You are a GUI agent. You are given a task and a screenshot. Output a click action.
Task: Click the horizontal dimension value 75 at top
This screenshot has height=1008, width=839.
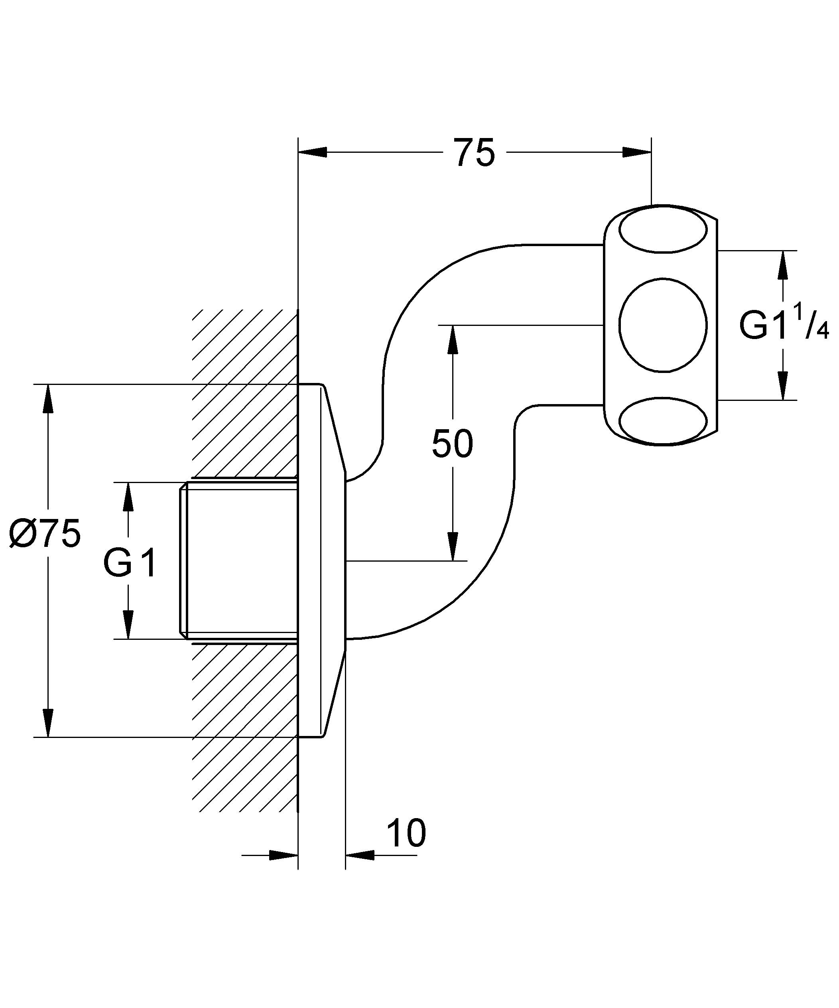474,153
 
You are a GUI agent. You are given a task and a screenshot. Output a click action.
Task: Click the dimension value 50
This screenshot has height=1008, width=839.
452,444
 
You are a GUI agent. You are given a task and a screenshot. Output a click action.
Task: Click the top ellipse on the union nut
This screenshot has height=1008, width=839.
663,229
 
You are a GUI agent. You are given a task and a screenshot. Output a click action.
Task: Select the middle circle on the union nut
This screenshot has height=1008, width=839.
663,325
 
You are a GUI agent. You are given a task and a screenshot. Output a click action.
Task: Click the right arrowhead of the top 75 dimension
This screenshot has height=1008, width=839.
637,152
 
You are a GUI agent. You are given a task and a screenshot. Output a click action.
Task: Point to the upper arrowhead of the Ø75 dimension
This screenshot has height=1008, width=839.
47,398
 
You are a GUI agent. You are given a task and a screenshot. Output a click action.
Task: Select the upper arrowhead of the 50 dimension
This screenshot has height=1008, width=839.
452,340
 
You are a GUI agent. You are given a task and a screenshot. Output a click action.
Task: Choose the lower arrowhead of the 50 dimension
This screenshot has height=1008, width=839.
452,546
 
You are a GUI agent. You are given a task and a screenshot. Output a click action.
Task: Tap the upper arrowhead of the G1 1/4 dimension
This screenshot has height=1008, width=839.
783,265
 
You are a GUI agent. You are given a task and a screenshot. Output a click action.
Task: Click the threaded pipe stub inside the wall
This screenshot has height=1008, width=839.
240,560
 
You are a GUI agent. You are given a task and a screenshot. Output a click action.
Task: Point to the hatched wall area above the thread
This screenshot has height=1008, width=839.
245,394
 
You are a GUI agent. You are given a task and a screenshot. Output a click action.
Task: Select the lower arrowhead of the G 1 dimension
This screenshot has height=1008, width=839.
128,625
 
